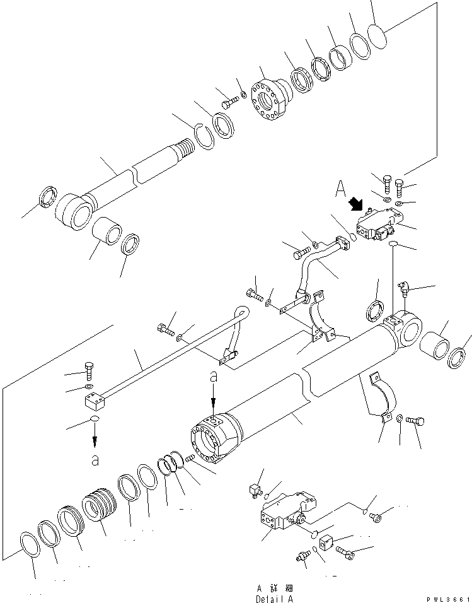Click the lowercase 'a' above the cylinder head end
pyautogui.click(x=214, y=377)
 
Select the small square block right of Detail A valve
pyautogui.click(x=327, y=542)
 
